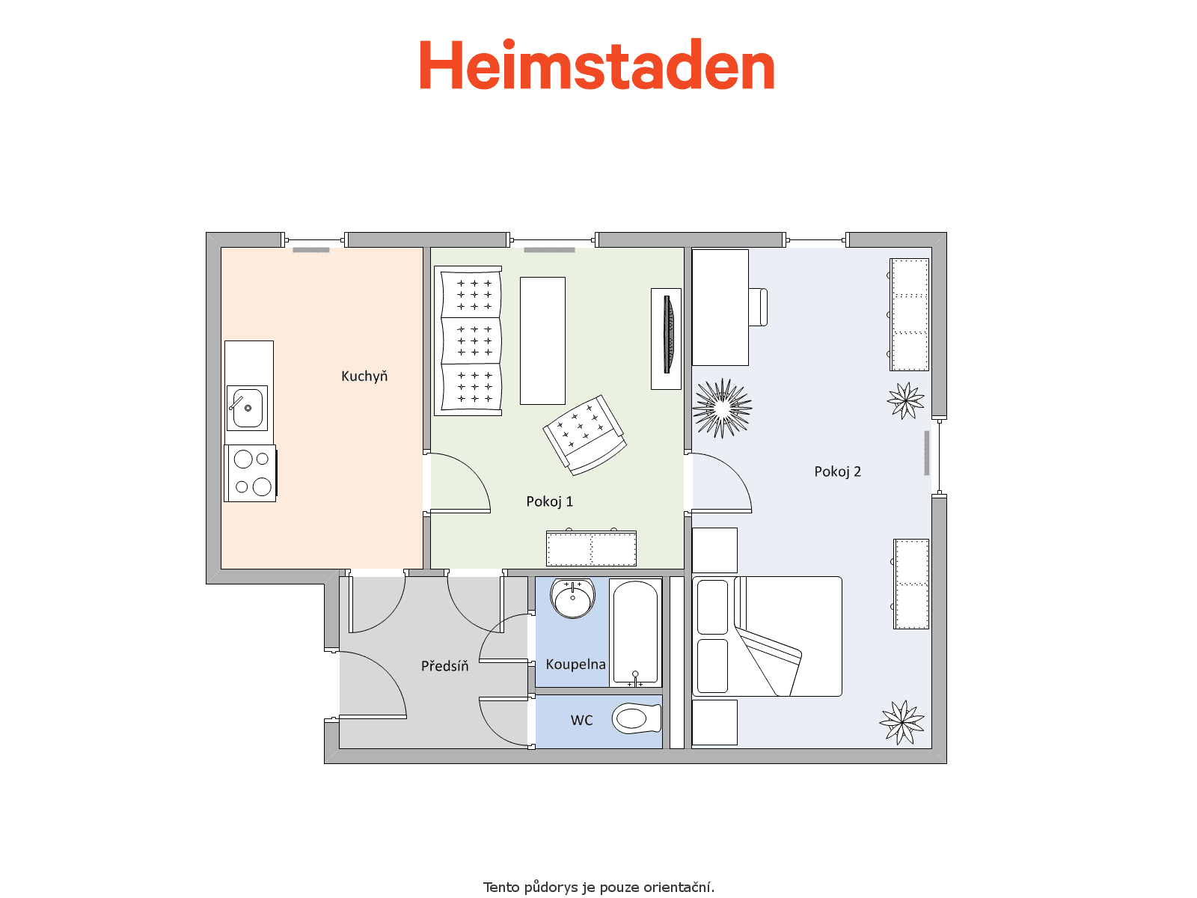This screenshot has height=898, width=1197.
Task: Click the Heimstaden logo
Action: [x=596, y=64]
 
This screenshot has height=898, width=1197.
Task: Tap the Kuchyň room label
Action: [x=364, y=376]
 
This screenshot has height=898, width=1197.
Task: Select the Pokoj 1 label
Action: [x=549, y=501]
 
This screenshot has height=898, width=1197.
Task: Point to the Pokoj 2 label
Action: [x=837, y=471]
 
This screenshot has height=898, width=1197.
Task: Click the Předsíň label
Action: [x=444, y=666]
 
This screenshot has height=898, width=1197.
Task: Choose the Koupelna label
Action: [x=575, y=664]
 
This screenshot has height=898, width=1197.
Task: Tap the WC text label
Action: [x=581, y=720]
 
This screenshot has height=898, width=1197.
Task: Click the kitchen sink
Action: [x=247, y=408]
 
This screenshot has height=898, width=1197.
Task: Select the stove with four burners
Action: [x=251, y=473]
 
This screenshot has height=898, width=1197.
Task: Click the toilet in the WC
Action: [x=637, y=718]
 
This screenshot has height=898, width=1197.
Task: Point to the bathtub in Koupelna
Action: [x=635, y=632]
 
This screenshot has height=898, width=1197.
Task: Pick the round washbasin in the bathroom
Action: [x=572, y=598]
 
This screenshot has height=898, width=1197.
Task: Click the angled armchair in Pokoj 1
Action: [x=584, y=435]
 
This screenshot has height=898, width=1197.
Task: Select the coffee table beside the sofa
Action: [x=542, y=340]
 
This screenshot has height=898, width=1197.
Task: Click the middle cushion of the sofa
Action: [x=471, y=340]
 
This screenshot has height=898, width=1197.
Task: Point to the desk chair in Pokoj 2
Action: [x=758, y=308]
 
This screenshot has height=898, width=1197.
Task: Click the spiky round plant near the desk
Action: [x=722, y=409]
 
